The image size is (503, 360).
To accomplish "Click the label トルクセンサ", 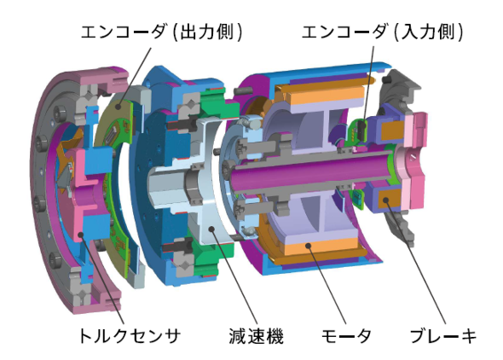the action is click(130, 336).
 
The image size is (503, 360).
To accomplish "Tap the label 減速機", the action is click(256, 336).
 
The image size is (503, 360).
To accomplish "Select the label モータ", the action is click(346, 336).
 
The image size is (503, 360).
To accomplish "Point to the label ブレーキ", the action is click(443, 336).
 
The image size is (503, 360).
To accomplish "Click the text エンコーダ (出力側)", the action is click(161, 32).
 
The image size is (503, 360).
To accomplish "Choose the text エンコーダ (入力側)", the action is click(383, 32).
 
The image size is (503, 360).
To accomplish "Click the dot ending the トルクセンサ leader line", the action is click(81, 235).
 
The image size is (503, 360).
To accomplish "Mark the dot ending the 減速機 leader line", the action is click(211, 229).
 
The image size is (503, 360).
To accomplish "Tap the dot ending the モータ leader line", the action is click(309, 246).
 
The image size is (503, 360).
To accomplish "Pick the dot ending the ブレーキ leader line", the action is click(386, 200).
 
